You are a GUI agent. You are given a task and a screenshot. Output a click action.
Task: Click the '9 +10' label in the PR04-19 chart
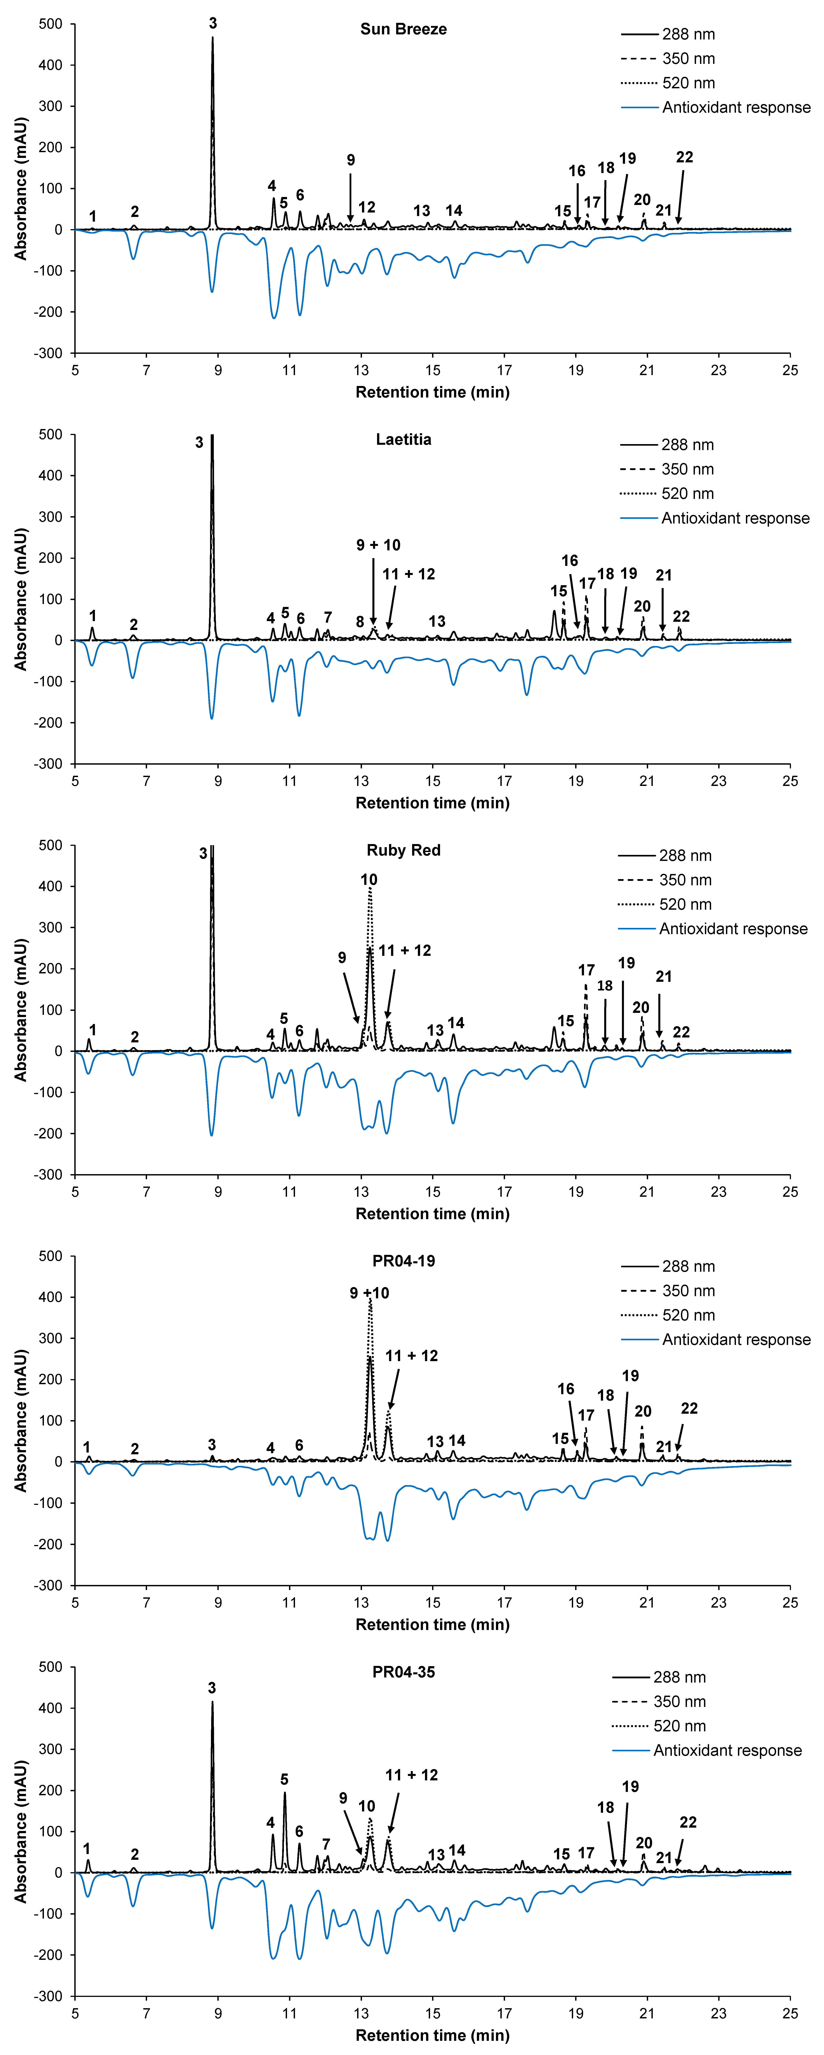coord(369,1293)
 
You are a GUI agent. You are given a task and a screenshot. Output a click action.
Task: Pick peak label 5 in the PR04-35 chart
coord(285,1780)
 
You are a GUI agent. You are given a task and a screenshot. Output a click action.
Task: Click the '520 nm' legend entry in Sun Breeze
coord(688,83)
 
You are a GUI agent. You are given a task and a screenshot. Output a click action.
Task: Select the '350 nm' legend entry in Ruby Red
coord(685,880)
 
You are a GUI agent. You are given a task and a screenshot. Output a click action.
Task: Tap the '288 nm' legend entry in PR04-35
coord(680,1677)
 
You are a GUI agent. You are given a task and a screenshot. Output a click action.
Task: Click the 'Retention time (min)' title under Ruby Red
coord(432,1214)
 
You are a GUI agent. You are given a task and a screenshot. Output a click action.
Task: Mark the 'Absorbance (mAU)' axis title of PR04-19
coord(21,1421)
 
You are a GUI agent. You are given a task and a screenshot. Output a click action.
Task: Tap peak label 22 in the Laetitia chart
coord(681,617)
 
